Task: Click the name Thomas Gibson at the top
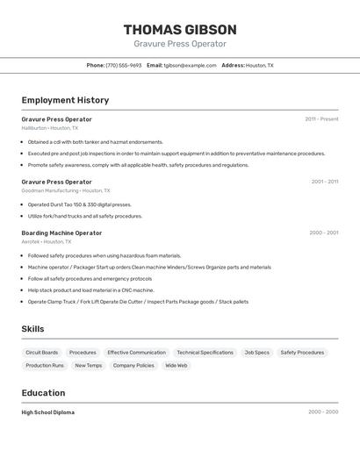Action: [x=180, y=30]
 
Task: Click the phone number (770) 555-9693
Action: [x=124, y=65]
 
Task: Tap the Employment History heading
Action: [x=65, y=100]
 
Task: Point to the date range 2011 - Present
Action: [x=321, y=119]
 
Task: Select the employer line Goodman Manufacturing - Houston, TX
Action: [x=66, y=190]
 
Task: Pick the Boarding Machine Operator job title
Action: [x=61, y=233]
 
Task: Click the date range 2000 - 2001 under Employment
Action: [x=323, y=233]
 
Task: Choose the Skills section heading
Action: [x=32, y=329]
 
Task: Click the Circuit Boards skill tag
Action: [x=42, y=353]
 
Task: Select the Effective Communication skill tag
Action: [x=136, y=353]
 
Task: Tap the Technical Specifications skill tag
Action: [x=205, y=353]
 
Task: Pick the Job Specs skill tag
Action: [x=256, y=353]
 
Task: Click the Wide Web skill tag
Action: [x=176, y=366]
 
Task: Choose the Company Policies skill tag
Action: [x=133, y=366]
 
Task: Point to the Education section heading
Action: [x=43, y=393]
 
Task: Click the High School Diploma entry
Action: [x=48, y=412]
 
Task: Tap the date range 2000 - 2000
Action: [x=323, y=412]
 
